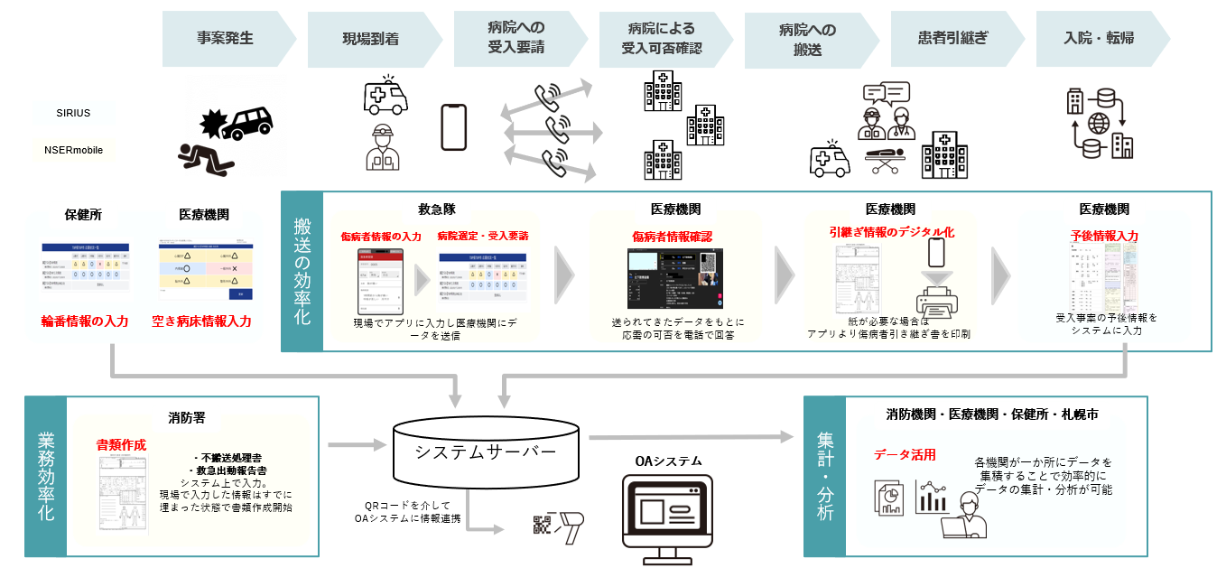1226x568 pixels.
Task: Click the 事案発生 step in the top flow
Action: tap(226, 38)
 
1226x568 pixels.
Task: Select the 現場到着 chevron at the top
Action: tap(371, 38)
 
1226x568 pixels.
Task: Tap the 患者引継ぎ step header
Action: tap(952, 38)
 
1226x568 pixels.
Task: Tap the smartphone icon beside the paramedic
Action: tap(454, 127)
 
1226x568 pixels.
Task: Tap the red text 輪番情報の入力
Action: tap(84, 321)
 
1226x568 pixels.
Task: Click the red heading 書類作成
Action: tap(121, 445)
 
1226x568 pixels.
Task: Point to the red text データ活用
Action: tap(904, 454)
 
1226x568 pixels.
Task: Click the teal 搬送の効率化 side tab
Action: tap(302, 270)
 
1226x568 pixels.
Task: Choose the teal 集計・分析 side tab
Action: tap(824, 476)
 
